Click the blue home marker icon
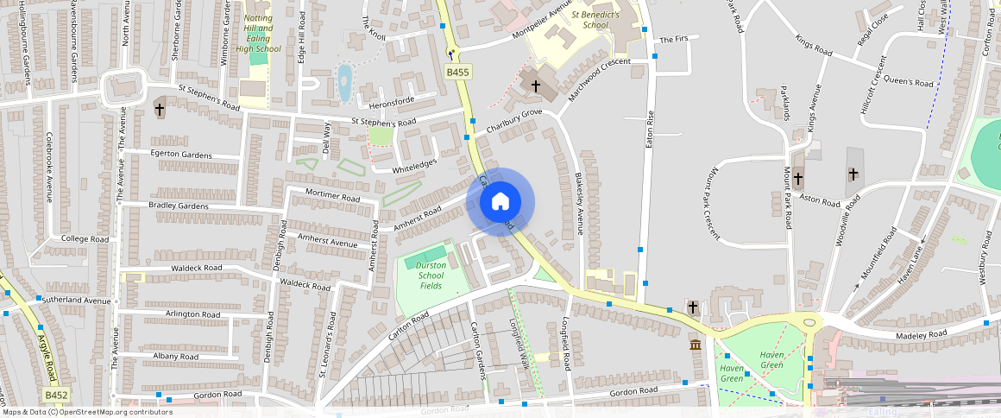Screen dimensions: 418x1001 tap(500, 202)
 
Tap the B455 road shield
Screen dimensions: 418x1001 tap(457, 73)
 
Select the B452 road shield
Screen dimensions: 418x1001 tap(56, 395)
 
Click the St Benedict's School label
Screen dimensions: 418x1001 tap(595, 20)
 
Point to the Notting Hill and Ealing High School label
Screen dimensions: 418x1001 tap(258, 33)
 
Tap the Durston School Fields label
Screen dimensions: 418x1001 tap(431, 275)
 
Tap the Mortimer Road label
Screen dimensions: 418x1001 tap(332, 197)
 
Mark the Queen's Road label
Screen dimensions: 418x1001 tap(909, 82)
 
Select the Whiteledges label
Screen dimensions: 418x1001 tap(414, 165)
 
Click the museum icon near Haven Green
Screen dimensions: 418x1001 tap(696, 345)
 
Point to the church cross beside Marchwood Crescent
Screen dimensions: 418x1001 tap(535, 85)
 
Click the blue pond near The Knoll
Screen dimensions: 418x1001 tap(345, 83)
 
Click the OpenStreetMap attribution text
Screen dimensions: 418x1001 tap(86, 412)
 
